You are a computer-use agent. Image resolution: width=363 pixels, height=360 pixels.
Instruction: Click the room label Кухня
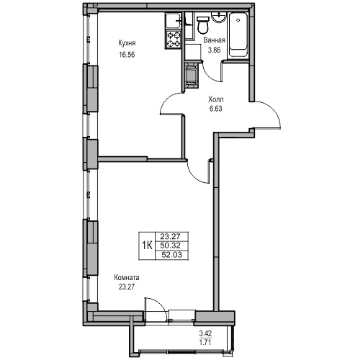coord(127,43)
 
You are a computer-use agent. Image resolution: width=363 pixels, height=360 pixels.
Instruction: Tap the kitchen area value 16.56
coord(127,55)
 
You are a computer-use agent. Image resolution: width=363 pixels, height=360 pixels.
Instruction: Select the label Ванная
coord(214,40)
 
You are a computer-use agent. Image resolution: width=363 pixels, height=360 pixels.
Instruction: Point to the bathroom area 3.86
coord(214,50)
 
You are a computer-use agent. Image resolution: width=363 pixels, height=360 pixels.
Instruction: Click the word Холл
coord(216,99)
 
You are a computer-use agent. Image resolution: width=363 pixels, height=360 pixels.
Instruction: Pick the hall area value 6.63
coord(216,109)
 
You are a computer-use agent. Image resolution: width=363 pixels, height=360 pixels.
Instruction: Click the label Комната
coord(127,278)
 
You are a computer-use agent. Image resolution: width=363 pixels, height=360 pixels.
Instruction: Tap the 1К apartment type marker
coord(147,246)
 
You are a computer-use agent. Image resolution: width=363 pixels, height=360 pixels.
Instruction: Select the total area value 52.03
coord(172,255)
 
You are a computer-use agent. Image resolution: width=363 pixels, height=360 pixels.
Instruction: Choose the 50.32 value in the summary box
coord(170,246)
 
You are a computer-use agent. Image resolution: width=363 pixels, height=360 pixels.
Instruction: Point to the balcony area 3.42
coord(205,333)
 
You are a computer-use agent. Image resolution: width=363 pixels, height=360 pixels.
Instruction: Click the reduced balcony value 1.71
coord(205,342)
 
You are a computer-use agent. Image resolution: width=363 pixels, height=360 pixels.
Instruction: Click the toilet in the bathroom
coord(203,24)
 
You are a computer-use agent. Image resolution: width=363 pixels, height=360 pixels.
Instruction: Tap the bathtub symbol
coord(238,35)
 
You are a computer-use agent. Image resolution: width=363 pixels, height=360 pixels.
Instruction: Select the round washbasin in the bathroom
coord(218,17)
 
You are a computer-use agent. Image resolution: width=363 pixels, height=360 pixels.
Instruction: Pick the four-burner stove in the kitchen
coord(174,40)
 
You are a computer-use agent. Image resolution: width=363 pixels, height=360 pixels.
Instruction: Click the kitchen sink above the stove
coord(173,21)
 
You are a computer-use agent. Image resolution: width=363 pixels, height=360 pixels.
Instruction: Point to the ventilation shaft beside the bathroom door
coord(192,74)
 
